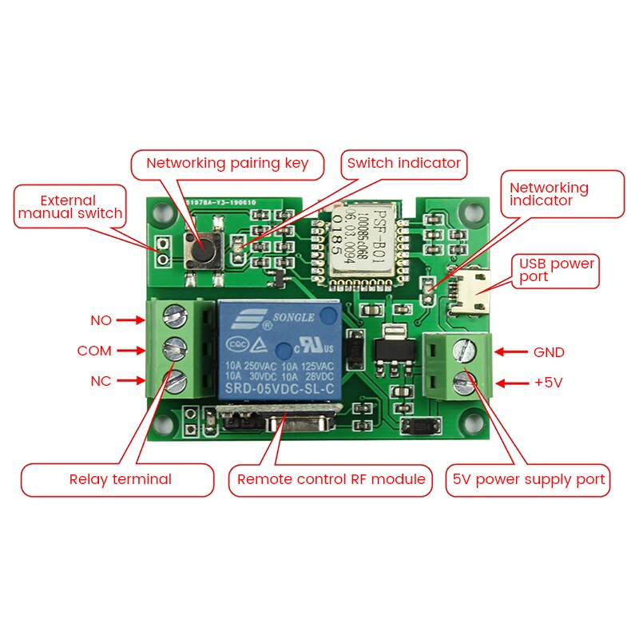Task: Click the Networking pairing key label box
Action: [227, 164]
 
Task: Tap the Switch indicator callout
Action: [403, 163]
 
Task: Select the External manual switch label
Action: [70, 207]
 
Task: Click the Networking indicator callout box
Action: [563, 193]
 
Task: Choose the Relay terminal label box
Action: [117, 480]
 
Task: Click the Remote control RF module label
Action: [331, 480]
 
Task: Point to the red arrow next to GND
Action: [511, 351]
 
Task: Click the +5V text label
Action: [549, 383]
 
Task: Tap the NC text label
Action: [101, 381]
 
